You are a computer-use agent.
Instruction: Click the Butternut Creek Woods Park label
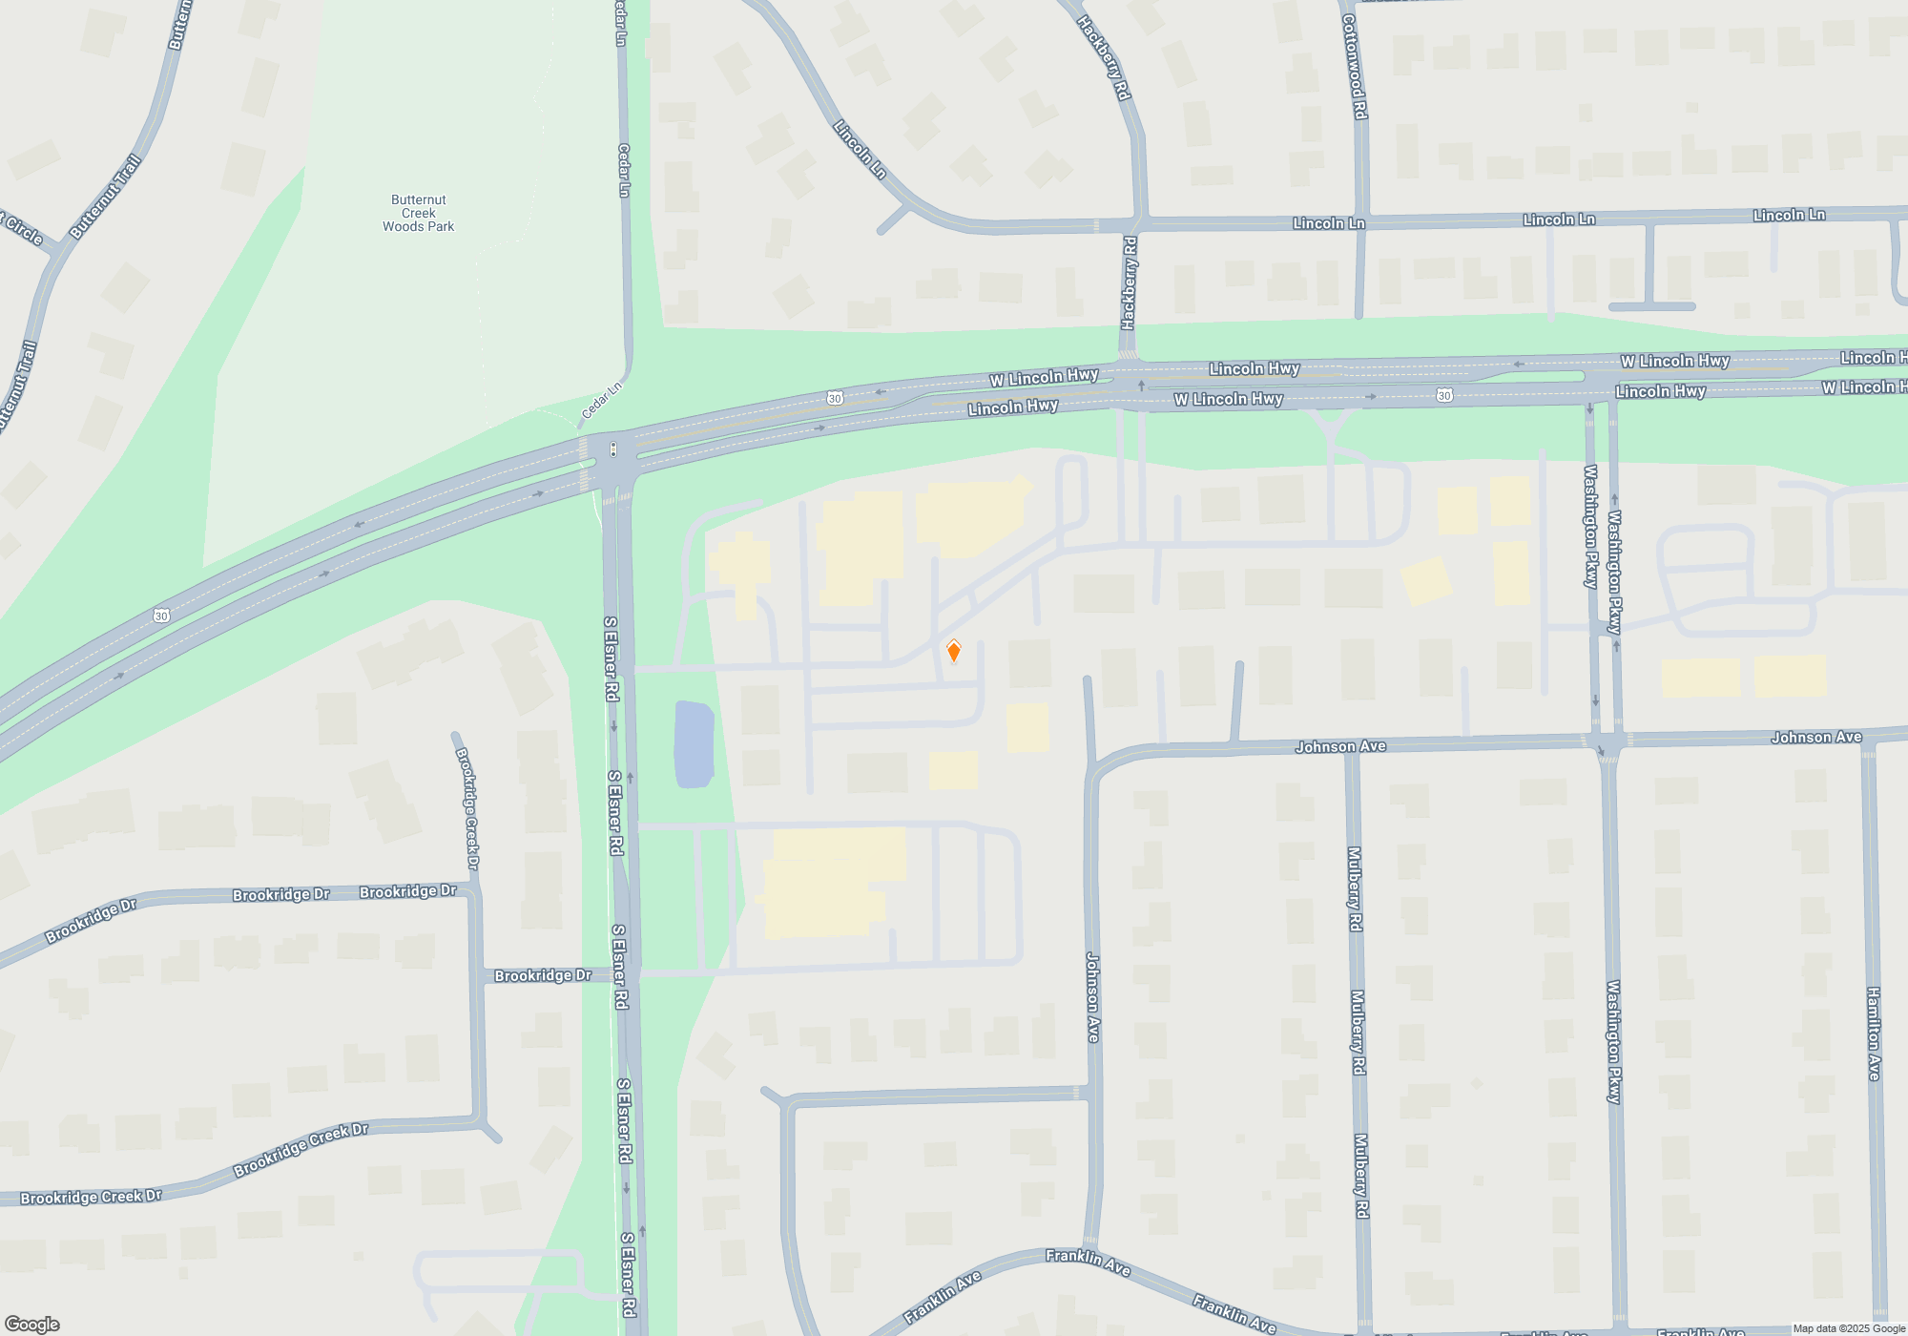pos(418,213)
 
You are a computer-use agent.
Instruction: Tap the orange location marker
pos(953,652)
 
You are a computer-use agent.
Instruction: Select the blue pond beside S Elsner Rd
pos(694,744)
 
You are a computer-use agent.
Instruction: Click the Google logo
pos(31,1325)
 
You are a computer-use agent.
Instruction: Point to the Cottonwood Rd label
pos(1355,67)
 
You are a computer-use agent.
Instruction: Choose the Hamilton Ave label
pos(1874,1033)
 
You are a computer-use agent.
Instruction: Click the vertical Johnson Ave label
pos(1093,997)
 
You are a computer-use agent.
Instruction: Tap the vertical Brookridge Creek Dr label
pos(467,807)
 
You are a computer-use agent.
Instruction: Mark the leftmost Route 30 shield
pos(161,616)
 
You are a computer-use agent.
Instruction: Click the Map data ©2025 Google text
pos(1849,1328)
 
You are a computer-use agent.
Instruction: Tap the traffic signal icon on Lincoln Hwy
pos(613,449)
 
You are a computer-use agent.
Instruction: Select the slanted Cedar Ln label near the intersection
pos(601,401)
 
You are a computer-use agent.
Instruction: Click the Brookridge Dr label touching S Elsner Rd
pos(542,975)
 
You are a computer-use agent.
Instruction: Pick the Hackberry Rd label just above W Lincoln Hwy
pos(1130,282)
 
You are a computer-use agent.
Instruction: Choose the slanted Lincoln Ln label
pos(860,149)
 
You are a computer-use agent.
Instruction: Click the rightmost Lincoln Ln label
pos(1789,216)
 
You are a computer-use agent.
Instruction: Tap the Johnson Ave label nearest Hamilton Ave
pos(1815,737)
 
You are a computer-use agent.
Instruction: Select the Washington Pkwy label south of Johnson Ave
pos(1613,1041)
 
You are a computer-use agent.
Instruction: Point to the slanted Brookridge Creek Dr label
pos(301,1150)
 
